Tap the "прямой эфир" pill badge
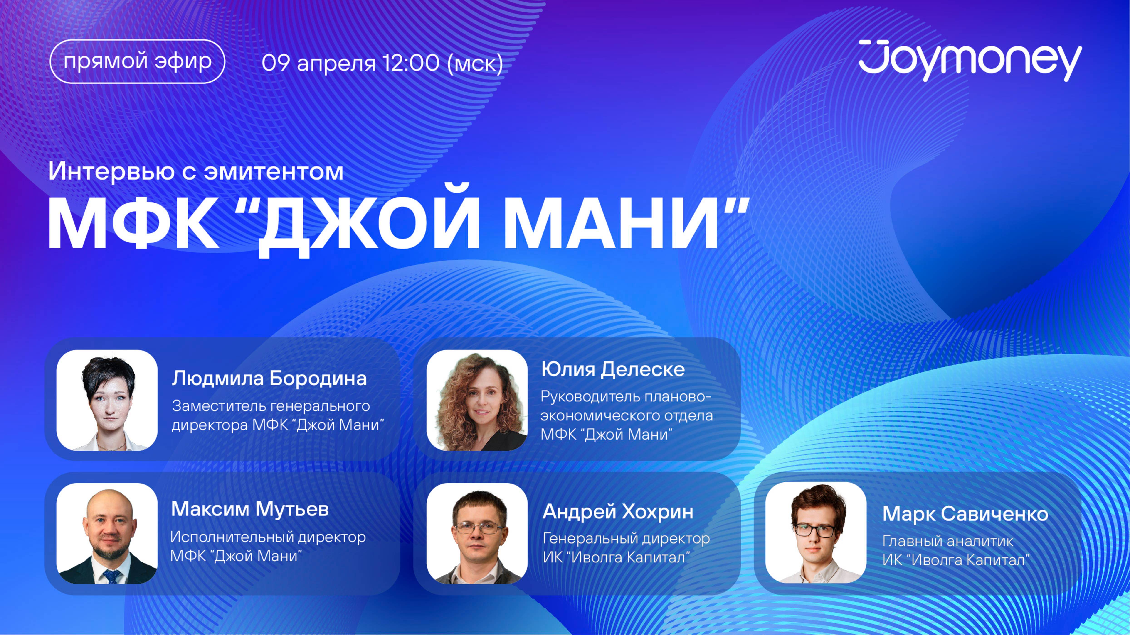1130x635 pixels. pos(137,61)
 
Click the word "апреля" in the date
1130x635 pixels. pos(336,64)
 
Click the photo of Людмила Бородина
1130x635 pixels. pos(107,400)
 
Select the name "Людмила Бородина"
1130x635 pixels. pos(269,378)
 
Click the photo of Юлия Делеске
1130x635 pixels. pos(477,400)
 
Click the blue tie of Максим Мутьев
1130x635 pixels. pos(111,576)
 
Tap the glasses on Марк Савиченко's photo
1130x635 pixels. pos(815,531)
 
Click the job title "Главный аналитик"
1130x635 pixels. pos(947,541)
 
